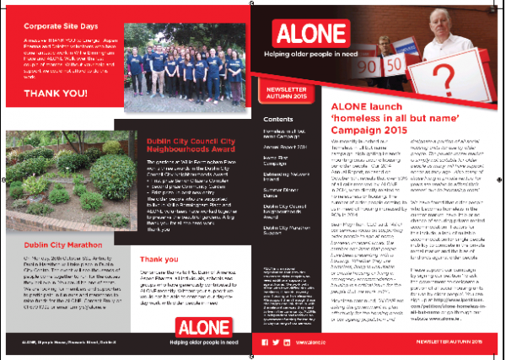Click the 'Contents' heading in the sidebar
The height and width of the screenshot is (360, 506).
click(x=275, y=119)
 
